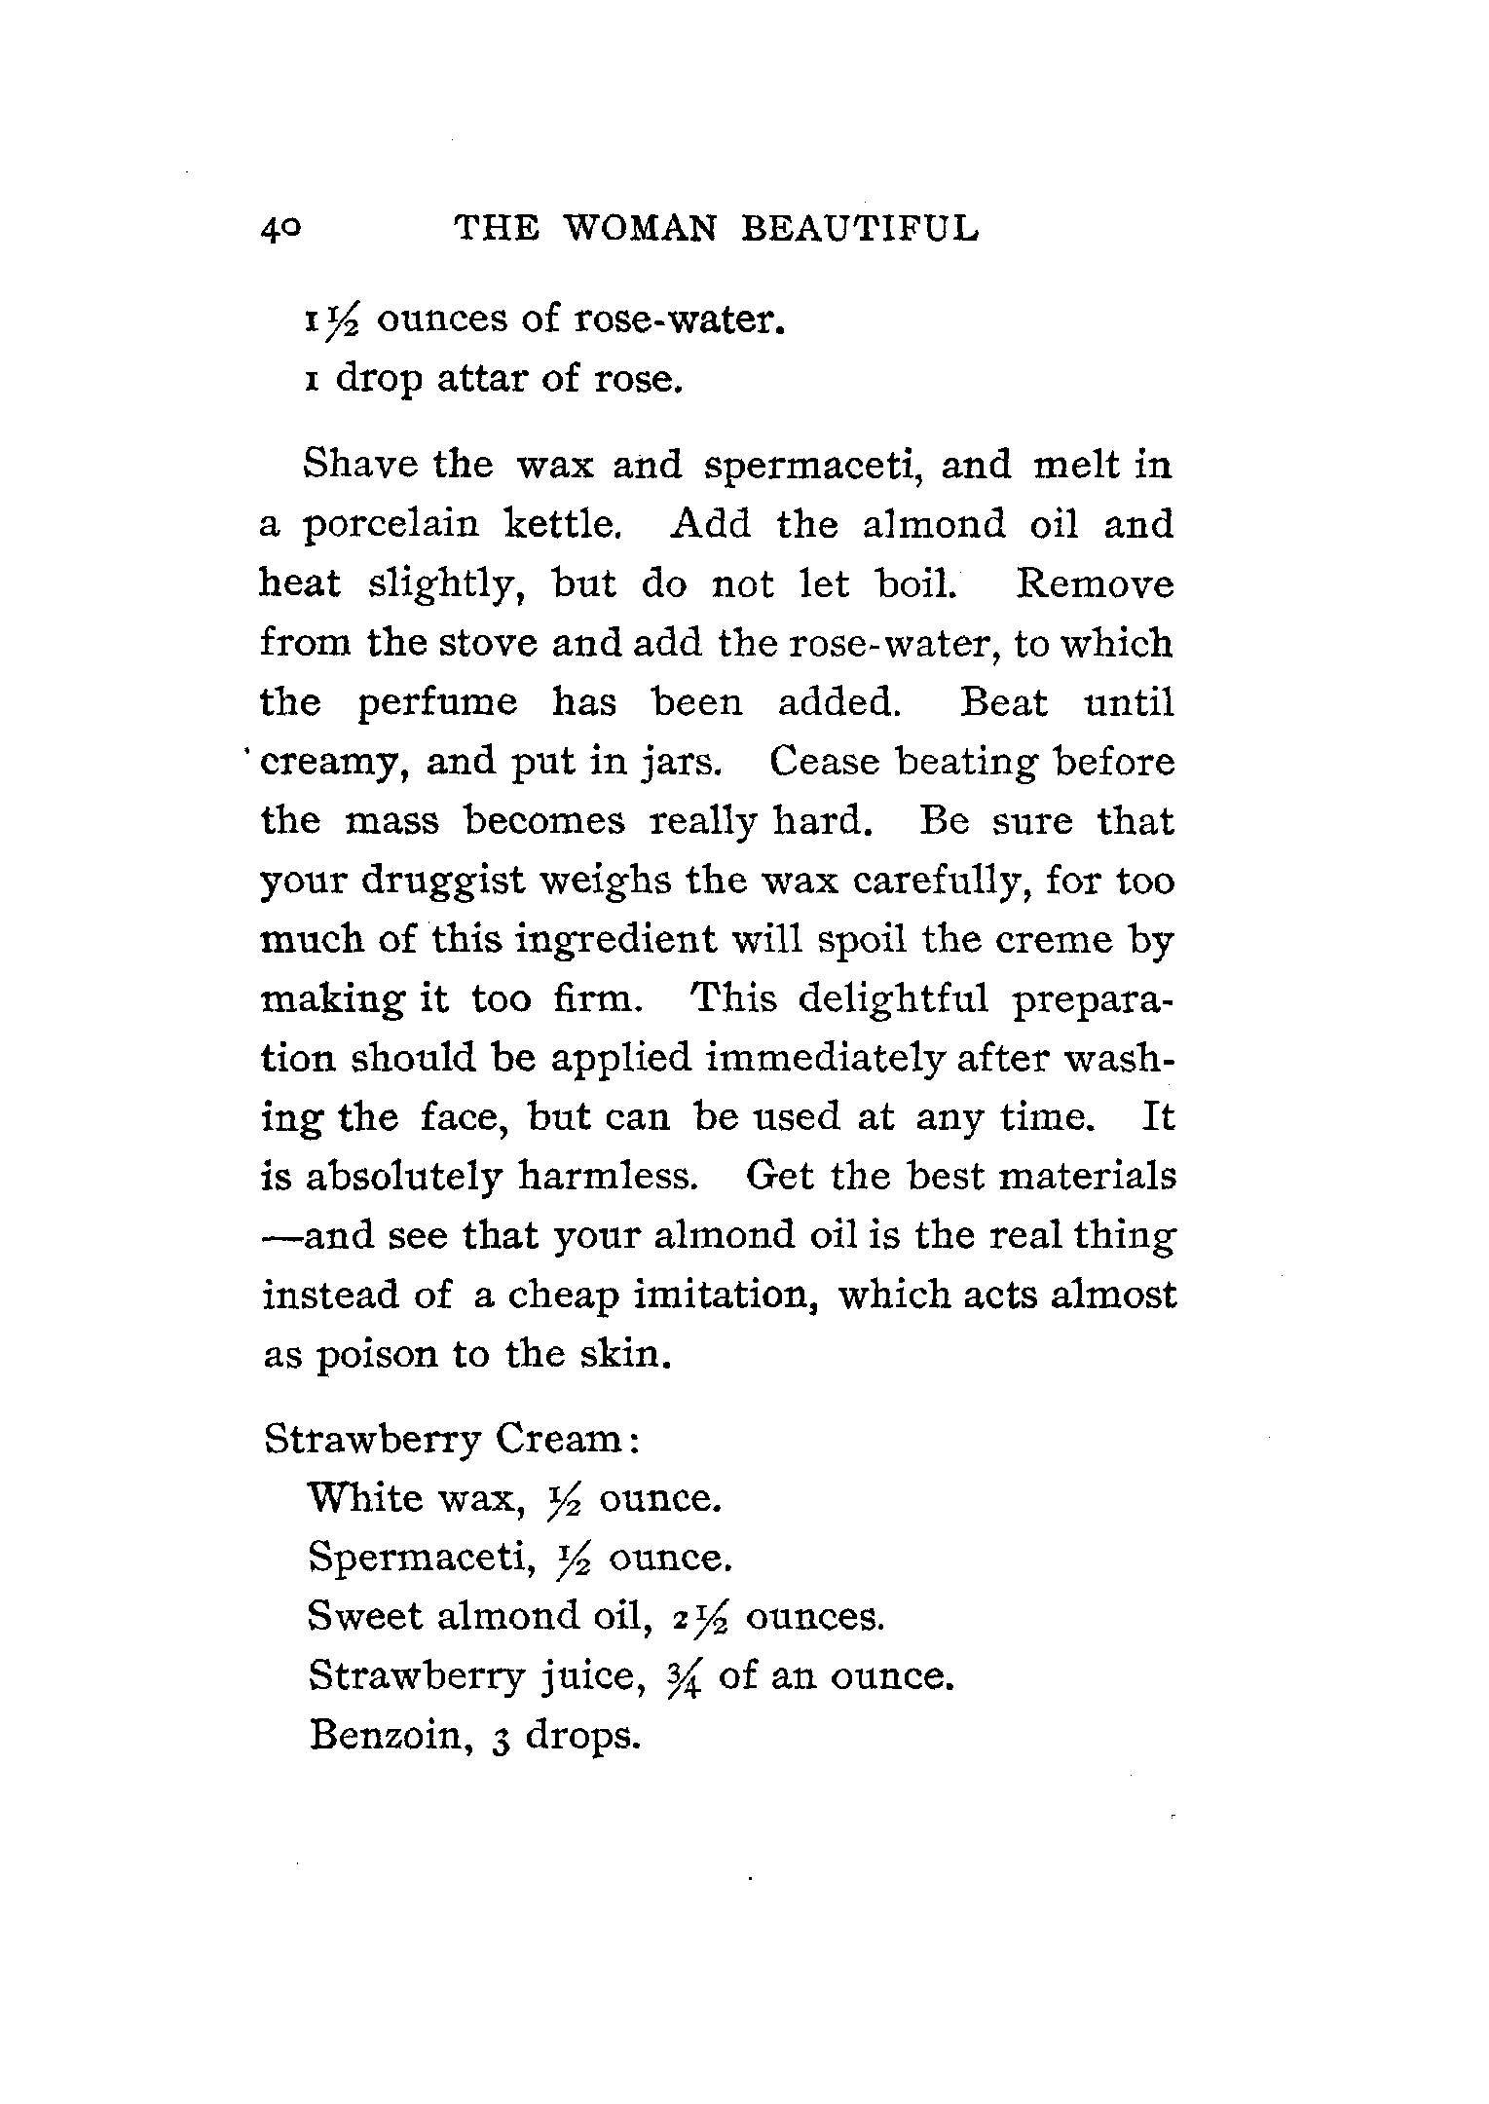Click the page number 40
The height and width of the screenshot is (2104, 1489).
tap(282, 229)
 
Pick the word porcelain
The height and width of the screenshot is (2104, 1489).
tap(392, 525)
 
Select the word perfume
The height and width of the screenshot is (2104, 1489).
tap(438, 703)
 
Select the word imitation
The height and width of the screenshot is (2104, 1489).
tap(724, 1296)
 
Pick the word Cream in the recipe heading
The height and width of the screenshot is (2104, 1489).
tap(557, 1439)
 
